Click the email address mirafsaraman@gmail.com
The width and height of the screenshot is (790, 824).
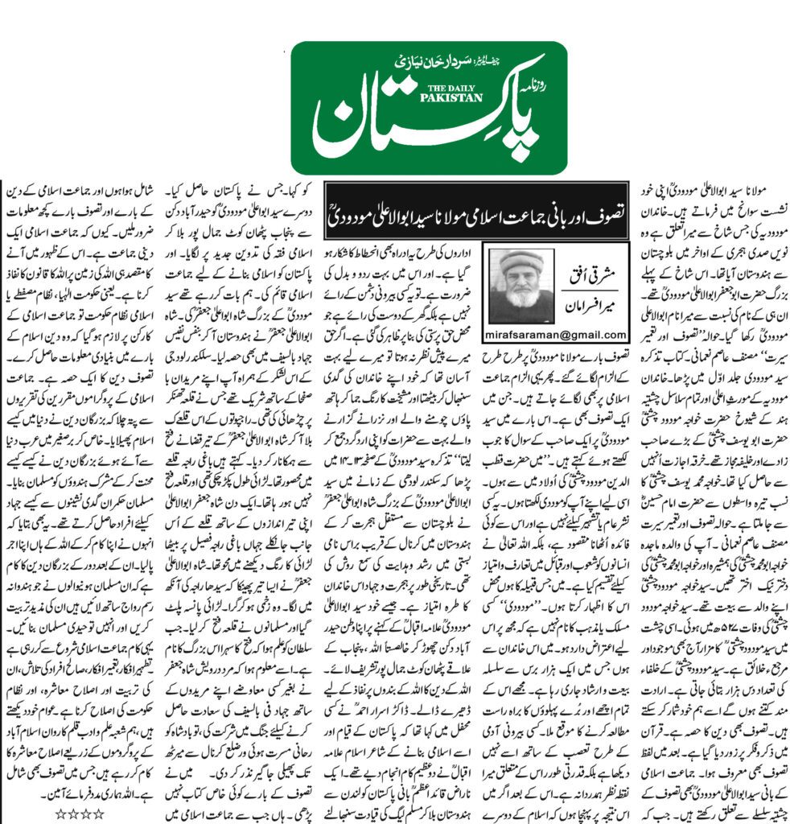coord(556,334)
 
